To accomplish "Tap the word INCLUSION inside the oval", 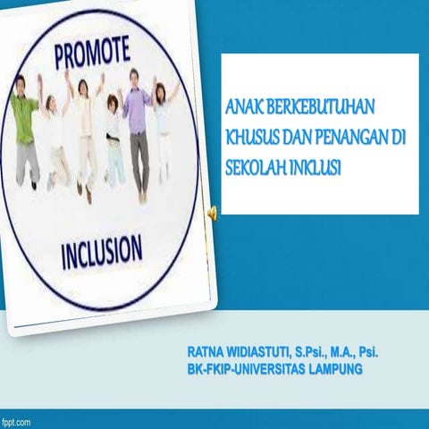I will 100,249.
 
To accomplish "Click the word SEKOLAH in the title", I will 257,165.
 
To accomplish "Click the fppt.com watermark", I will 18,420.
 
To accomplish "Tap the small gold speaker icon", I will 212,212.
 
